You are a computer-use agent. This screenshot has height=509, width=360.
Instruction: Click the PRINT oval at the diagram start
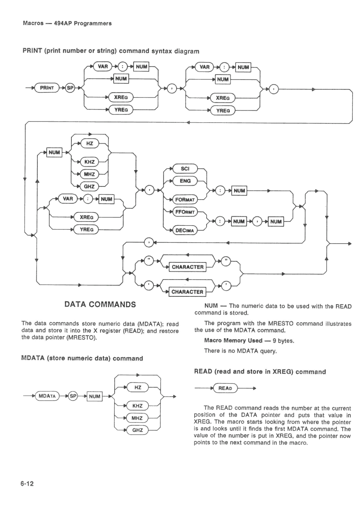tap(47, 88)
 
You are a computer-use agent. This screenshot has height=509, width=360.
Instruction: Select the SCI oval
tap(185, 169)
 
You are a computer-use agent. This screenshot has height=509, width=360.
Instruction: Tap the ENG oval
tap(185, 181)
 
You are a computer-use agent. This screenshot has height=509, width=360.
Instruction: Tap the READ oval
tap(225, 388)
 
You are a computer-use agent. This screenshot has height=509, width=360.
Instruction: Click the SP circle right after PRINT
tap(70, 88)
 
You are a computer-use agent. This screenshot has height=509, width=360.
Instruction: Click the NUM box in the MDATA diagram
tap(95, 396)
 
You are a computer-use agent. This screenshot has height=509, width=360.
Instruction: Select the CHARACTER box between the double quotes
tap(187, 267)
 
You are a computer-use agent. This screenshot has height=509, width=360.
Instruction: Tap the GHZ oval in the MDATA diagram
tap(137, 430)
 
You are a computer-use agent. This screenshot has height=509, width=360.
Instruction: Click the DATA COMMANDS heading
tap(100, 304)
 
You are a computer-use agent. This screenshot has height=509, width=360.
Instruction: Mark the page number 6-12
tap(28, 483)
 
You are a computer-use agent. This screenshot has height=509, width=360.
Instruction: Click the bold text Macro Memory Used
tap(233, 340)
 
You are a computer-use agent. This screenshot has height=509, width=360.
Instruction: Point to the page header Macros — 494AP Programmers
tap(67, 23)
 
